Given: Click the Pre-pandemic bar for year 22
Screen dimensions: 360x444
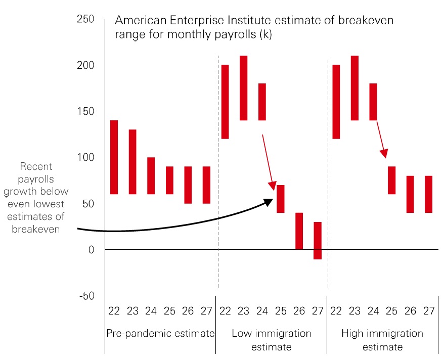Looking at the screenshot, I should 114,157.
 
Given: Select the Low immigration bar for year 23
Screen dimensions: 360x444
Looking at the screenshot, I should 243,88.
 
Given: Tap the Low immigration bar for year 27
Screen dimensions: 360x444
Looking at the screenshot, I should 318,241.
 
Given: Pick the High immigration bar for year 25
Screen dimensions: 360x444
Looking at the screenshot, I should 391,180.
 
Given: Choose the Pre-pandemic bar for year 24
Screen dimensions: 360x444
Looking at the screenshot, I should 151,175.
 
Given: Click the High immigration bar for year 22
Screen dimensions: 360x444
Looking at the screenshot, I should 336,102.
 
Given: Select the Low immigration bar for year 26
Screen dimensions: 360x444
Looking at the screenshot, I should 299,231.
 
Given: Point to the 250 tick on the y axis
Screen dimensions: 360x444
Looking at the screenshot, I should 85,19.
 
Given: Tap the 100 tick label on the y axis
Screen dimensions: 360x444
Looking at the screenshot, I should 85,158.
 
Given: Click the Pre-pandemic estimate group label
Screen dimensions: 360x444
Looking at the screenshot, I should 160,334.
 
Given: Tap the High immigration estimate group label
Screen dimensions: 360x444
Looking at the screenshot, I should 382,340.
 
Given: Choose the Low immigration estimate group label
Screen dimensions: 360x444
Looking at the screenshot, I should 272,340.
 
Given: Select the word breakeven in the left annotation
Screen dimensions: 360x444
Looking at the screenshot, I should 36,229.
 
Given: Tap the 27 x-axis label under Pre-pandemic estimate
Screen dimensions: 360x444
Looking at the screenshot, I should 206,310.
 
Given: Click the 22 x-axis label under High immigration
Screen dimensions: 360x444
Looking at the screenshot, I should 336,310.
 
